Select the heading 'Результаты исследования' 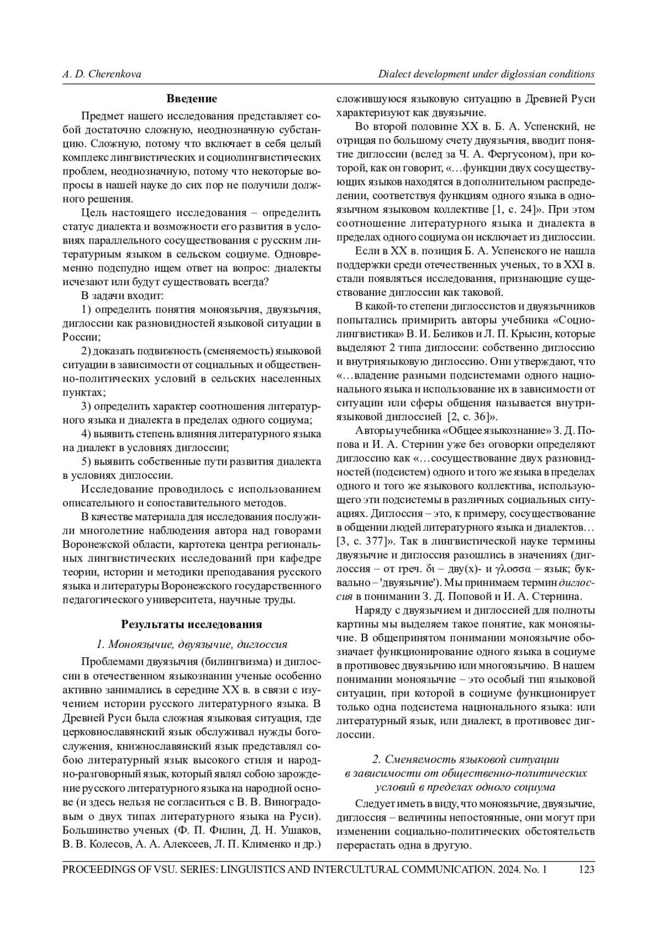(x=191, y=625)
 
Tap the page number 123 (x=586, y=869)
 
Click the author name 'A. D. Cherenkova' (x=101, y=74)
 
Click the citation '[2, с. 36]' (x=468, y=416)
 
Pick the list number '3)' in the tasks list (x=86, y=407)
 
